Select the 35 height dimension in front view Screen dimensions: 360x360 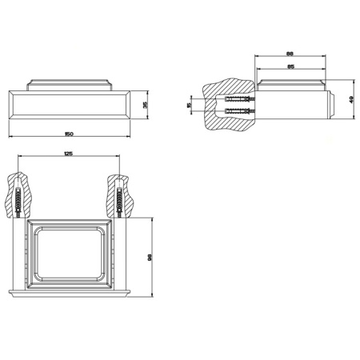145,104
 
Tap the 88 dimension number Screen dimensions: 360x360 289,54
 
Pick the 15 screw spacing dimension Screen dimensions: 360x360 188,105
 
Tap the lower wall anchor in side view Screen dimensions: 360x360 237,111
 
